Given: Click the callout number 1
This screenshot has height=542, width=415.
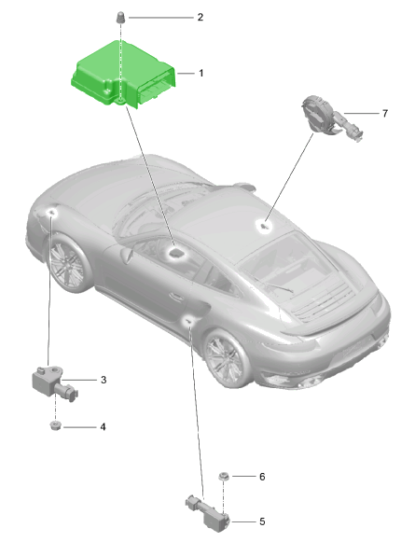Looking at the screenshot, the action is pos(201,73).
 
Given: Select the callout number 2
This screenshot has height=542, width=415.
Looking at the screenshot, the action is pos(201,17).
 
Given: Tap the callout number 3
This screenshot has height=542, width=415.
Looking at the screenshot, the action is pos(104,380).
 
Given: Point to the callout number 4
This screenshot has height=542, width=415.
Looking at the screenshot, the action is pos(103,427).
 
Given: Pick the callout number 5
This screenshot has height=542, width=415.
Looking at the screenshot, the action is pos(262,521).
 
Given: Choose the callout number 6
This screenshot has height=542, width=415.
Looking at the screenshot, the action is pos(262,477).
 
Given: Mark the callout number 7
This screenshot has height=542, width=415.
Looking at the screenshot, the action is pos(385,113).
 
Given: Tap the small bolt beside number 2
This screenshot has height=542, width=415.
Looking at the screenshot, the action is pos(120,18).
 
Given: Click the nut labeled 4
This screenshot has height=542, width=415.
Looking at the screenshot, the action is pos(55,425).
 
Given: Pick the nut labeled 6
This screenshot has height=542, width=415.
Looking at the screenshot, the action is pos(223,477).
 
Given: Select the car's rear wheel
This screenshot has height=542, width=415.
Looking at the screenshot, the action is pos(227,358).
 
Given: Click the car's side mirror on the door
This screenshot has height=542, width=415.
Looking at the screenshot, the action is pos(127,255).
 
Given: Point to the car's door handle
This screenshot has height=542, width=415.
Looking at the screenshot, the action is pos(176,297).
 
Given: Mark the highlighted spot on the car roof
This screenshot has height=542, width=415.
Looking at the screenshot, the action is pos(266,227).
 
